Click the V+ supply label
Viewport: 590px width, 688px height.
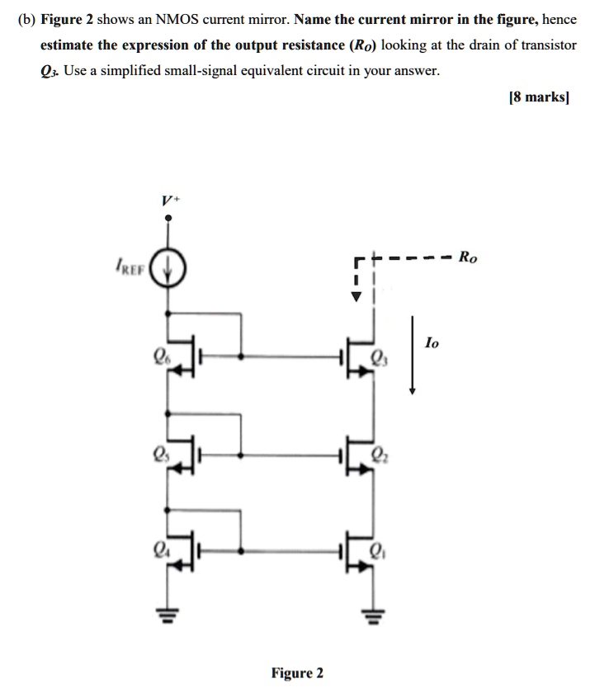point(168,199)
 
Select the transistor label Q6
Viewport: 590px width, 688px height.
point(158,357)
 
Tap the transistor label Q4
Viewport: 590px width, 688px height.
point(158,549)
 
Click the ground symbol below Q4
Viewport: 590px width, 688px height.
point(169,615)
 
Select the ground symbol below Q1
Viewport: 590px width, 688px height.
point(371,615)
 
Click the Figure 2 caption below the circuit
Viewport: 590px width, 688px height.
point(297,673)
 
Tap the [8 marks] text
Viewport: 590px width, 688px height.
point(540,97)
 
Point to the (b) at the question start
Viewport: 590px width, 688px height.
point(28,18)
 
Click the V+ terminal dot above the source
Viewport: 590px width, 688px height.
point(169,219)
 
